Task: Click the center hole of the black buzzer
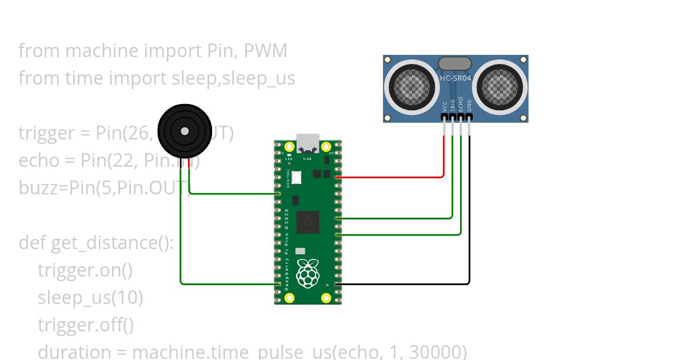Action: pyautogui.click(x=184, y=131)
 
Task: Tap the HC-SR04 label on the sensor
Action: pyautogui.click(x=455, y=78)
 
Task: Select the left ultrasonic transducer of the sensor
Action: pyautogui.click(x=410, y=87)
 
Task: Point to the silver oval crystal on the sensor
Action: pyautogui.click(x=454, y=63)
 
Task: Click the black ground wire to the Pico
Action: pyautogui.click(x=469, y=229)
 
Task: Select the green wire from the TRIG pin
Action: pyautogui.click(x=452, y=183)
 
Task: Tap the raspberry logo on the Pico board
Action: pyautogui.click(x=308, y=274)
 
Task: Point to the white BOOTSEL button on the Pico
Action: pyautogui.click(x=297, y=178)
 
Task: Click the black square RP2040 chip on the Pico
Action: pyautogui.click(x=307, y=222)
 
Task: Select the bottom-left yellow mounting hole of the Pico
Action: pyautogui.click(x=290, y=298)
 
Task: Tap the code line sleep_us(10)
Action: pyautogui.click(x=90, y=298)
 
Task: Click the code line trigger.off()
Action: pyautogui.click(x=86, y=325)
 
